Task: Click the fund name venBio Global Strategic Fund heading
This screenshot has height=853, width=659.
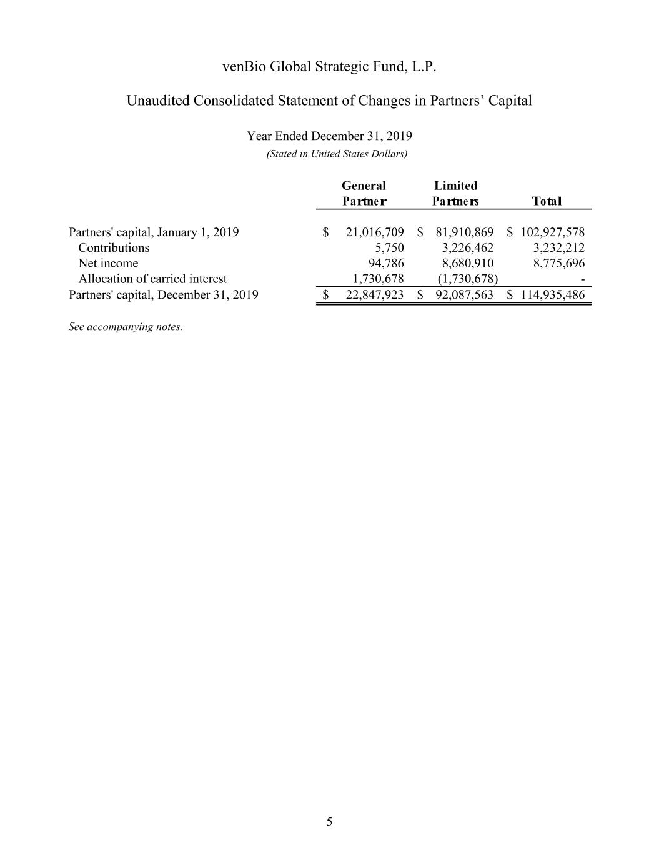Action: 329,67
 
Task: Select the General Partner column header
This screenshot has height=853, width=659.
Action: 364,193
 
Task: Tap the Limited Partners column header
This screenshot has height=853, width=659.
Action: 455,193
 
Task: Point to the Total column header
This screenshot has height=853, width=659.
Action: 547,201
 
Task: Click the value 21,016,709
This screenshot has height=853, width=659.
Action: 374,232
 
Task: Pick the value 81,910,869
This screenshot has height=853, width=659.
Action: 464,232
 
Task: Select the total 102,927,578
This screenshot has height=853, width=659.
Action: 552,232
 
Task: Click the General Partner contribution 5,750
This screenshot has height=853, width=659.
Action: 389,248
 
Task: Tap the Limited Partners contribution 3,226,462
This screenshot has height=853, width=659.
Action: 467,248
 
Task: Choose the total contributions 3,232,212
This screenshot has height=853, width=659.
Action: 558,248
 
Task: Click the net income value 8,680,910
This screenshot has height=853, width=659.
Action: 467,264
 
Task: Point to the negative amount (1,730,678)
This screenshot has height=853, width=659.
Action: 467,279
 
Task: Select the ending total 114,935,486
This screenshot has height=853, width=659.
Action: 552,295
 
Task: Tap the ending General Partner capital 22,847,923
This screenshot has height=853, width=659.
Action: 374,295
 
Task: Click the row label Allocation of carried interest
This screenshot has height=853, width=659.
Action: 152,279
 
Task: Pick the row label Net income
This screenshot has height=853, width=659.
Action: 108,264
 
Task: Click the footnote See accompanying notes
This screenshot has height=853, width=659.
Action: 125,327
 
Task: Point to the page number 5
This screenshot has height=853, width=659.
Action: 329,822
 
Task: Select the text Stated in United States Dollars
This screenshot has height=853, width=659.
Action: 337,154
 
